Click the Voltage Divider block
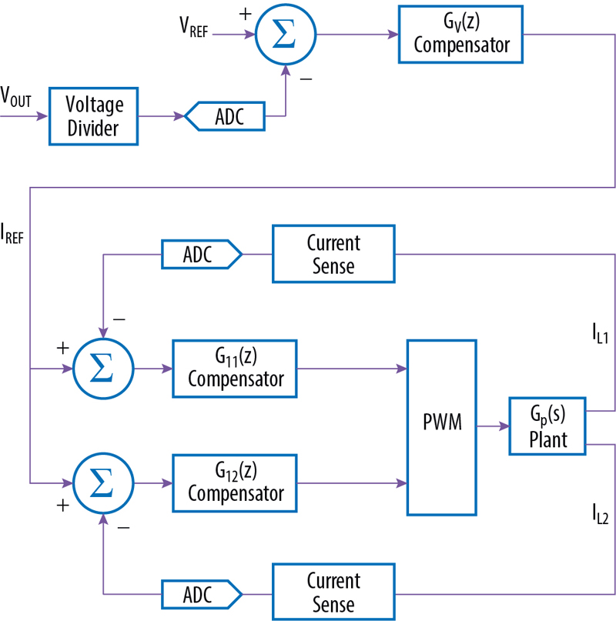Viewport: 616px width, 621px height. (x=93, y=116)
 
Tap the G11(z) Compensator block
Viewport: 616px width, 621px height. (x=236, y=369)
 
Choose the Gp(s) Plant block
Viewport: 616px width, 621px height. (x=547, y=426)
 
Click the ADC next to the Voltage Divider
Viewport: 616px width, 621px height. (x=225, y=117)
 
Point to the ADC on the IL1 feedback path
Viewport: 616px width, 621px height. (x=201, y=254)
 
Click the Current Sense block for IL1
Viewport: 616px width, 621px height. (x=333, y=254)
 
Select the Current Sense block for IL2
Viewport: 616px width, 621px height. (x=333, y=592)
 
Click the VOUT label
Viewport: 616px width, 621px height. (x=16, y=98)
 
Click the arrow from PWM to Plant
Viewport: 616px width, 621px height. (x=492, y=426)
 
